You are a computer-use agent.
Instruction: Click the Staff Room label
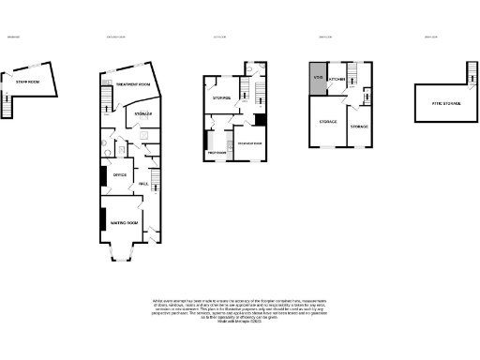pyautogui.click(x=27, y=82)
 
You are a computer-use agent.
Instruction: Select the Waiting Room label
pyautogui.click(x=125, y=223)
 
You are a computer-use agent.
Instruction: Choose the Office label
pyautogui.click(x=119, y=174)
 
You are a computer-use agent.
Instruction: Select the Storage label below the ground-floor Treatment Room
pyautogui.click(x=143, y=114)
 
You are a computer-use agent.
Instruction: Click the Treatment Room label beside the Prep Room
pyautogui.click(x=249, y=142)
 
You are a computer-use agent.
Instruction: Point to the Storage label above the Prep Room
pyautogui.click(x=221, y=97)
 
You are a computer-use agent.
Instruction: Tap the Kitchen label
pyautogui.click(x=337, y=81)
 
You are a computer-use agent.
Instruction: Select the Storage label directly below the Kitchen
pyautogui.click(x=328, y=122)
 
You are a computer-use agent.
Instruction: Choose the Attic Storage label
pyautogui.click(x=445, y=102)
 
